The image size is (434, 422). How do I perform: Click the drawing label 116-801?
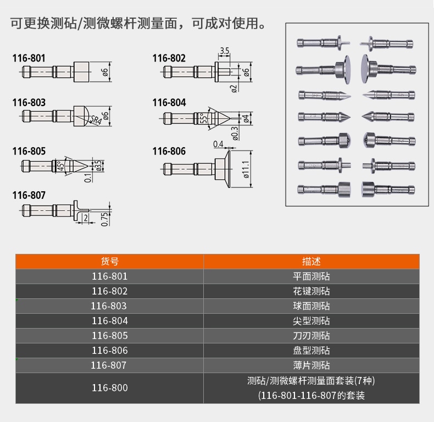pyautogui.click(x=29, y=57)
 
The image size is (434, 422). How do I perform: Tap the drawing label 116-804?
pyautogui.click(x=169, y=102)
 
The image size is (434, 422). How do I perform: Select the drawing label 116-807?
pyautogui.click(x=29, y=195)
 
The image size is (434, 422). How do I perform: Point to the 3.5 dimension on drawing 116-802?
pyautogui.click(x=224, y=51)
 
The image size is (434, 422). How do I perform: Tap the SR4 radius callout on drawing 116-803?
pyautogui.click(x=94, y=119)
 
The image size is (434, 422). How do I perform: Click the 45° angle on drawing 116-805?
pyautogui.click(x=60, y=165)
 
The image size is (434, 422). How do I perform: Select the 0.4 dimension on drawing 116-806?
pyautogui.click(x=218, y=144)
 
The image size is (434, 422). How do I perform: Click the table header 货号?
pyautogui.click(x=109, y=262)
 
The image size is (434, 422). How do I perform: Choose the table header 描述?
pyautogui.click(x=311, y=262)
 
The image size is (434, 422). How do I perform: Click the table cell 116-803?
pyautogui.click(x=109, y=306)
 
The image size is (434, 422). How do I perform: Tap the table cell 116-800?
pyautogui.click(x=109, y=388)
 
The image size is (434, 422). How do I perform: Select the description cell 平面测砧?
pyautogui.click(x=311, y=276)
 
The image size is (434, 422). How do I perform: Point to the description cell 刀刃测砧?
pyautogui.click(x=311, y=336)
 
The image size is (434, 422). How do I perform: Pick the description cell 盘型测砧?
pyautogui.click(x=311, y=351)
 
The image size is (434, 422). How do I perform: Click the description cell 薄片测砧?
pyautogui.click(x=311, y=365)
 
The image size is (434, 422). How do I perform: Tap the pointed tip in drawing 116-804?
pyautogui.click(x=226, y=118)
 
